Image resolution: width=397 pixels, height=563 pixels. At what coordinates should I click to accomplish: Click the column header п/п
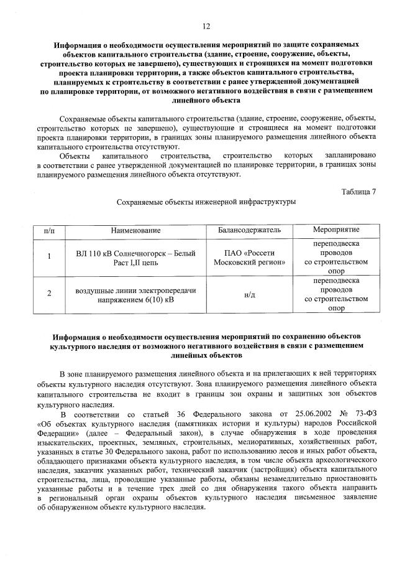(x=49, y=230)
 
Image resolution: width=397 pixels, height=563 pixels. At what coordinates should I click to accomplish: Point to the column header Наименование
(x=135, y=230)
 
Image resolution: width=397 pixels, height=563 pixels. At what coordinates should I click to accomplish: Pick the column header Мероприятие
(x=336, y=230)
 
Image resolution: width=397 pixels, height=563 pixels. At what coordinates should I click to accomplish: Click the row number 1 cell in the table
(x=49, y=258)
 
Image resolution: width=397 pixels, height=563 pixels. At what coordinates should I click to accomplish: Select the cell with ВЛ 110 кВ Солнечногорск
(x=135, y=258)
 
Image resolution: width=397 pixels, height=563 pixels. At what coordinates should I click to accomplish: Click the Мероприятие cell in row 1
(x=336, y=258)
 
